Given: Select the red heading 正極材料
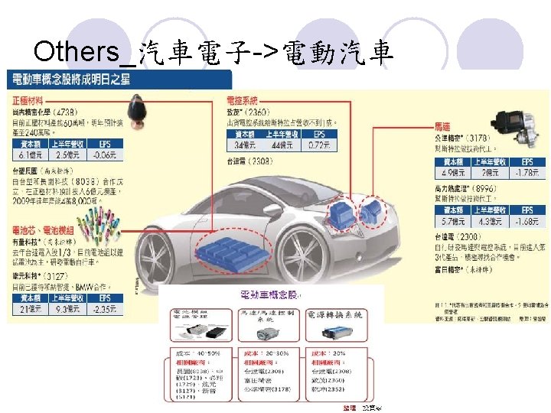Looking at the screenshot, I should click(x=26, y=101).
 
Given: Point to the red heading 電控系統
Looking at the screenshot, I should click(x=243, y=100).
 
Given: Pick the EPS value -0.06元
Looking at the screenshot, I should click(x=103, y=155).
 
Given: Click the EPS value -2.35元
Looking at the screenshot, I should click(x=103, y=310).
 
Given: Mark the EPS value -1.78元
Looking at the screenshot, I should click(x=527, y=173).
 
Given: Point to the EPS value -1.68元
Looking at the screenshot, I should click(x=527, y=222).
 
